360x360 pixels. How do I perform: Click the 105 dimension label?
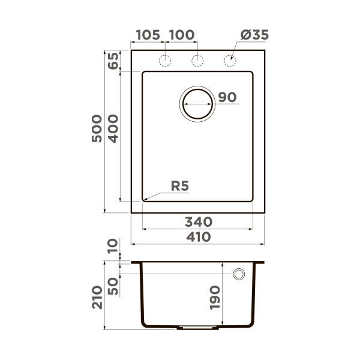pyautogui.click(x=148, y=35)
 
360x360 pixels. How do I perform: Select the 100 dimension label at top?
pyautogui.click(x=181, y=35)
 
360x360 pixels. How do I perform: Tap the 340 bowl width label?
pyautogui.click(x=197, y=221)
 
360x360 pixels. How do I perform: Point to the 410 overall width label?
pyautogui.click(x=197, y=237)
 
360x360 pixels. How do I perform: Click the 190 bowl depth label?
pyautogui.click(x=216, y=296)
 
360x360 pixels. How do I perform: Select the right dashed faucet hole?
pyautogui.click(x=229, y=60)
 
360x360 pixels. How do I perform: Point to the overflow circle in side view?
pyautogui.click(x=239, y=274)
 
